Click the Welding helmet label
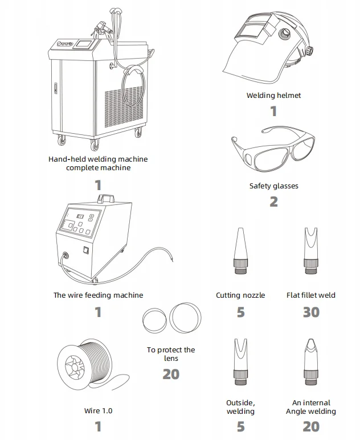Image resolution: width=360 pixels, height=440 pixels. click(x=273, y=95)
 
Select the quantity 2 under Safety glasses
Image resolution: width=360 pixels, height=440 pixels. click(x=273, y=201)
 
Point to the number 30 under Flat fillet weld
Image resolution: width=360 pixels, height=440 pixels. click(x=311, y=312)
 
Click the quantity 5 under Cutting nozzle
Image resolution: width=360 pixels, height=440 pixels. click(x=240, y=312)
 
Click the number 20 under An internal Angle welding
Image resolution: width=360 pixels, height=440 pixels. click(x=311, y=426)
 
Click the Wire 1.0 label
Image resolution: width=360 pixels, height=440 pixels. click(x=99, y=410)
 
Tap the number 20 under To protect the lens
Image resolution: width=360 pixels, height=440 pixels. click(x=171, y=374)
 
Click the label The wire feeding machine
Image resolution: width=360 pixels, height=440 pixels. click(x=99, y=295)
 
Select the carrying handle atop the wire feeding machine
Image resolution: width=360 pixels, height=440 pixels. click(x=105, y=199)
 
